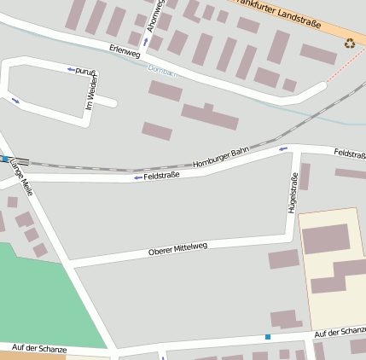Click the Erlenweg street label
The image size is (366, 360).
coord(124,52)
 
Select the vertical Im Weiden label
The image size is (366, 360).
coord(90,93)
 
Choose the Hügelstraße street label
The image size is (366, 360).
coord(293,192)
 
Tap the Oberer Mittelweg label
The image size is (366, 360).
coord(177,248)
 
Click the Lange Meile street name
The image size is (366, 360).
coord(21,185)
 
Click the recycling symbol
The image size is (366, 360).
coord(350,43)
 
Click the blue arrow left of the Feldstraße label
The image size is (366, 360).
coord(137,177)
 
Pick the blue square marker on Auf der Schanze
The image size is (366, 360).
coord(268,337)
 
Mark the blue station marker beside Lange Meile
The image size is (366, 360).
coord(4,159)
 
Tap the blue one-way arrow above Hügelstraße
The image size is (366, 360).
coord(284,149)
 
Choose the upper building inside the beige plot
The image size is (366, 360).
coord(326,239)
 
